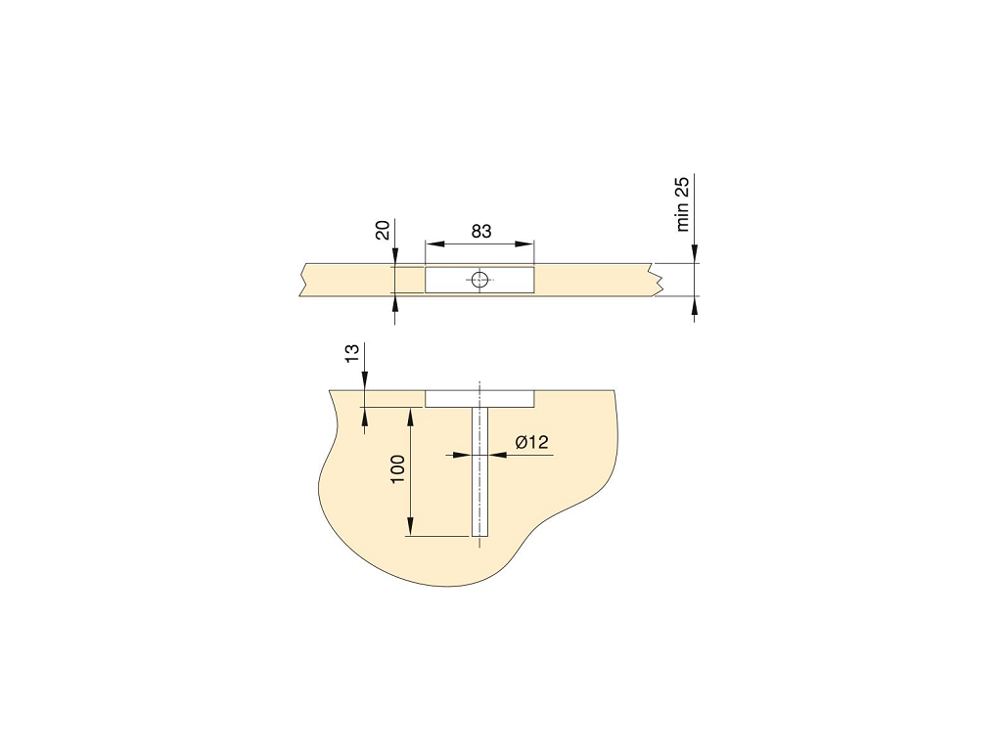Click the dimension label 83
click(481, 231)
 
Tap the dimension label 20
click(383, 230)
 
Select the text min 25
click(682, 204)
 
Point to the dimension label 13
click(352, 353)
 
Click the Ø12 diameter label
click(531, 442)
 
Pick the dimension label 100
click(397, 469)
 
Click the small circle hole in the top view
click(479, 279)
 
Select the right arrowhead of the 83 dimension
click(524, 243)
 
